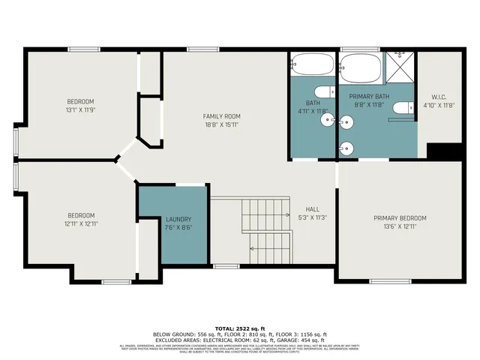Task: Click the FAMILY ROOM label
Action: (221, 116)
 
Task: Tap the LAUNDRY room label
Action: (178, 219)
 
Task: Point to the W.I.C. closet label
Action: (439, 97)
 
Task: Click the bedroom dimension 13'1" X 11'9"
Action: (80, 110)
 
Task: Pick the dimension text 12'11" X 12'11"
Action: (80, 223)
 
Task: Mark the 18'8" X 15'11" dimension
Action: (221, 125)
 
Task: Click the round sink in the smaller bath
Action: (327, 120)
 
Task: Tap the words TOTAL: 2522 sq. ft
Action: (240, 328)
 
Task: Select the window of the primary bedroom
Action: (391, 281)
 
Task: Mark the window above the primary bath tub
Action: (360, 49)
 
